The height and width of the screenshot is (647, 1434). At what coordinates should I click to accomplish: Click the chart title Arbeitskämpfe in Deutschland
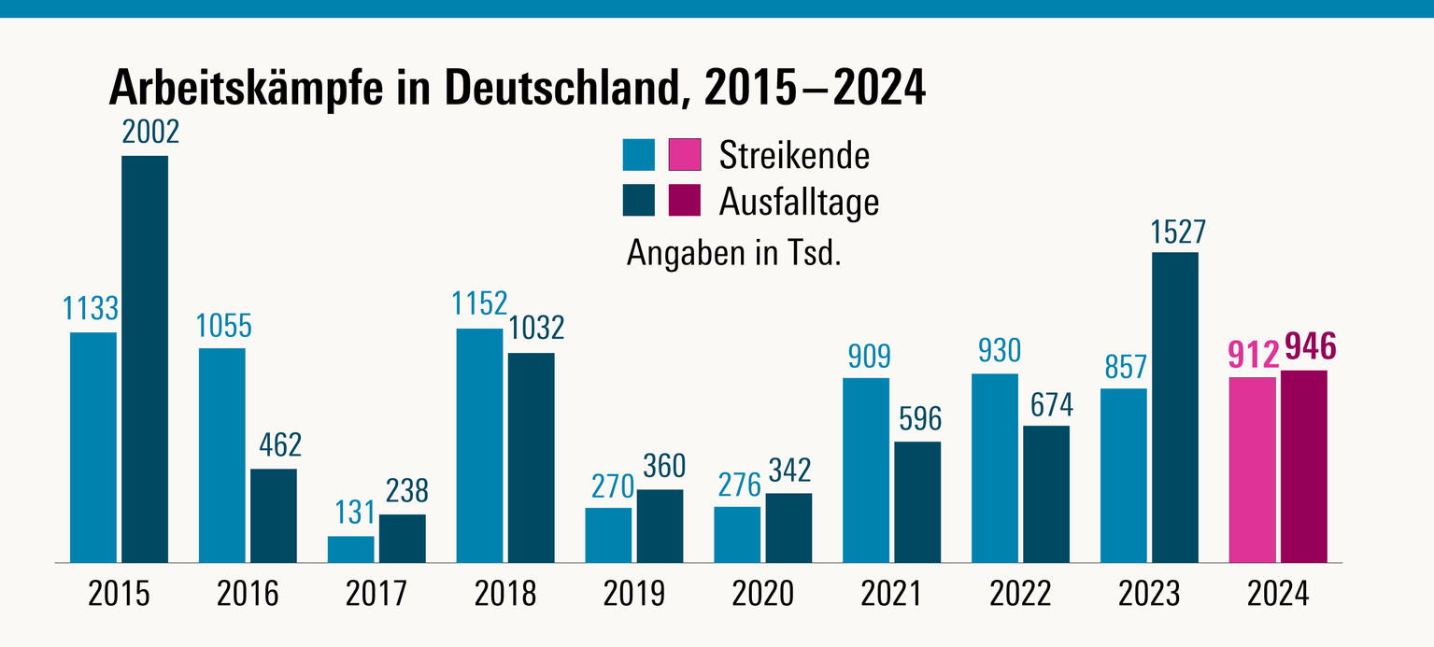(x=517, y=89)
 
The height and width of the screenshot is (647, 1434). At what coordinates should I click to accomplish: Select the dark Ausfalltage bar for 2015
(x=145, y=359)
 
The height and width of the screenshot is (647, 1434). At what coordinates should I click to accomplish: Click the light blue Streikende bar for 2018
(x=479, y=445)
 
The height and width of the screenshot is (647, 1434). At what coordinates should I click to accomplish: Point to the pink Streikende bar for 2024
(x=1252, y=470)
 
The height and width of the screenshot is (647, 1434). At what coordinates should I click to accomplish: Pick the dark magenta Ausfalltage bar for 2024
(x=1303, y=467)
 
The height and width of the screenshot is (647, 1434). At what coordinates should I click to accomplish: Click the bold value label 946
(x=1310, y=347)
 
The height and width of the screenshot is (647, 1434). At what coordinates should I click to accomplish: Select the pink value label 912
(x=1253, y=355)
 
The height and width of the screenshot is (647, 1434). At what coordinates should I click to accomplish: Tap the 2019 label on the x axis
(x=633, y=594)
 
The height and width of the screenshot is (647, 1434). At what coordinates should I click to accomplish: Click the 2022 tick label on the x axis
(x=1020, y=594)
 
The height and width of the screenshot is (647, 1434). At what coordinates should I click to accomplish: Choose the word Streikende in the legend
(x=794, y=155)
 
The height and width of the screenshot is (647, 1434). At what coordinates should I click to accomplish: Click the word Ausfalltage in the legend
(x=799, y=201)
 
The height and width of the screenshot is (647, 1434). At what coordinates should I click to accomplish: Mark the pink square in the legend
(x=685, y=155)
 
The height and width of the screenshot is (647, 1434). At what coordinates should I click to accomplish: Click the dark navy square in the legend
(x=639, y=201)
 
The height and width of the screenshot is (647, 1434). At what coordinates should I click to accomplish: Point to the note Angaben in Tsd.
(x=734, y=253)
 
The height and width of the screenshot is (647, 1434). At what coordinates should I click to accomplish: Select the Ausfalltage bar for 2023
(x=1174, y=408)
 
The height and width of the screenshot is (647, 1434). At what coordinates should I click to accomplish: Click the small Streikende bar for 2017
(x=350, y=549)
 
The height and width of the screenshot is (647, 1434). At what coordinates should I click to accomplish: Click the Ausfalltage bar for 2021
(x=917, y=502)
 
